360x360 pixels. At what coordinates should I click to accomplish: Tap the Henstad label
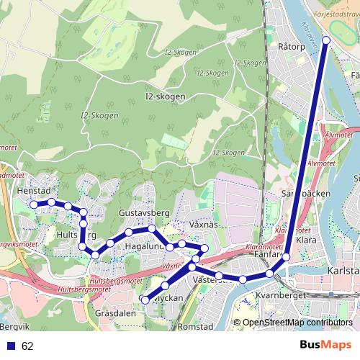tap(32, 192)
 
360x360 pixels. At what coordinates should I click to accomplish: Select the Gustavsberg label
tap(143, 214)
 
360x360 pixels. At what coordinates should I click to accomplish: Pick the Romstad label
tap(195, 326)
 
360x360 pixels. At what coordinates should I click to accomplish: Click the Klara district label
tap(306, 240)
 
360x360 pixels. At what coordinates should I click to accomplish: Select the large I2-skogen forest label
tap(165, 96)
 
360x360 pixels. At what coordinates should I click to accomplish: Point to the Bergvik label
tap(14, 307)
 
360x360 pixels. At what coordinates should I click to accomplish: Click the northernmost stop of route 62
tap(325, 40)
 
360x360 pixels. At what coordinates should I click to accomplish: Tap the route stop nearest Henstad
tap(33, 204)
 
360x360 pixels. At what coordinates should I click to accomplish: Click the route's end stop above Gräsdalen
tap(145, 300)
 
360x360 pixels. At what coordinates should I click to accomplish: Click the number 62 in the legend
tap(28, 346)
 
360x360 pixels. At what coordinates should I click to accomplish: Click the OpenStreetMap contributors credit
tap(297, 323)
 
